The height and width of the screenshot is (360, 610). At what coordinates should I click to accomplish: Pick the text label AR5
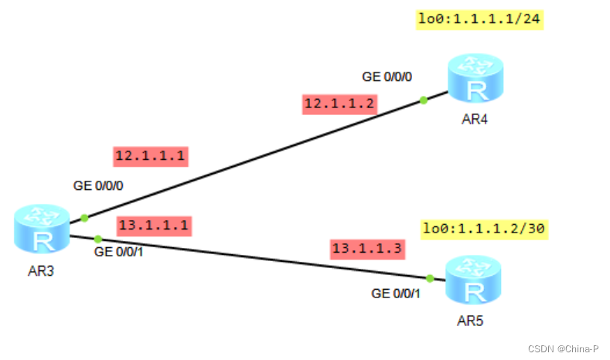[x=472, y=319]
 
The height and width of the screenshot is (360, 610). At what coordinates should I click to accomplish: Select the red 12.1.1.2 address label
[x=339, y=104]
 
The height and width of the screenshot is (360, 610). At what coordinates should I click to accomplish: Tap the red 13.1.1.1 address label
[x=153, y=226]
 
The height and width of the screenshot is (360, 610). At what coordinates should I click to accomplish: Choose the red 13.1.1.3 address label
[x=367, y=248]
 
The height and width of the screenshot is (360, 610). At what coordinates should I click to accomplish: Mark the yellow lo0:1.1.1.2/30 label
[x=484, y=229]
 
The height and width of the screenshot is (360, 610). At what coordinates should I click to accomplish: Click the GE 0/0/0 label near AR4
[x=387, y=76]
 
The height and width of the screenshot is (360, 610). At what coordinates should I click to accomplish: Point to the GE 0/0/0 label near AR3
[x=98, y=186]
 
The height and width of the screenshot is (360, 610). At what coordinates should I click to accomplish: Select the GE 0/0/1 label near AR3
[x=119, y=251]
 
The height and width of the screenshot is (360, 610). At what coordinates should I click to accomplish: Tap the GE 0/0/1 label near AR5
[x=397, y=294]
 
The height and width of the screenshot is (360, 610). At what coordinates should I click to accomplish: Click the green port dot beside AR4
[x=424, y=100]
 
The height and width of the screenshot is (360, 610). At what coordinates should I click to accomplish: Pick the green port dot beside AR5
[x=429, y=278]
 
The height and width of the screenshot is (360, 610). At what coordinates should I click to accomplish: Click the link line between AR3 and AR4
[x=255, y=159]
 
